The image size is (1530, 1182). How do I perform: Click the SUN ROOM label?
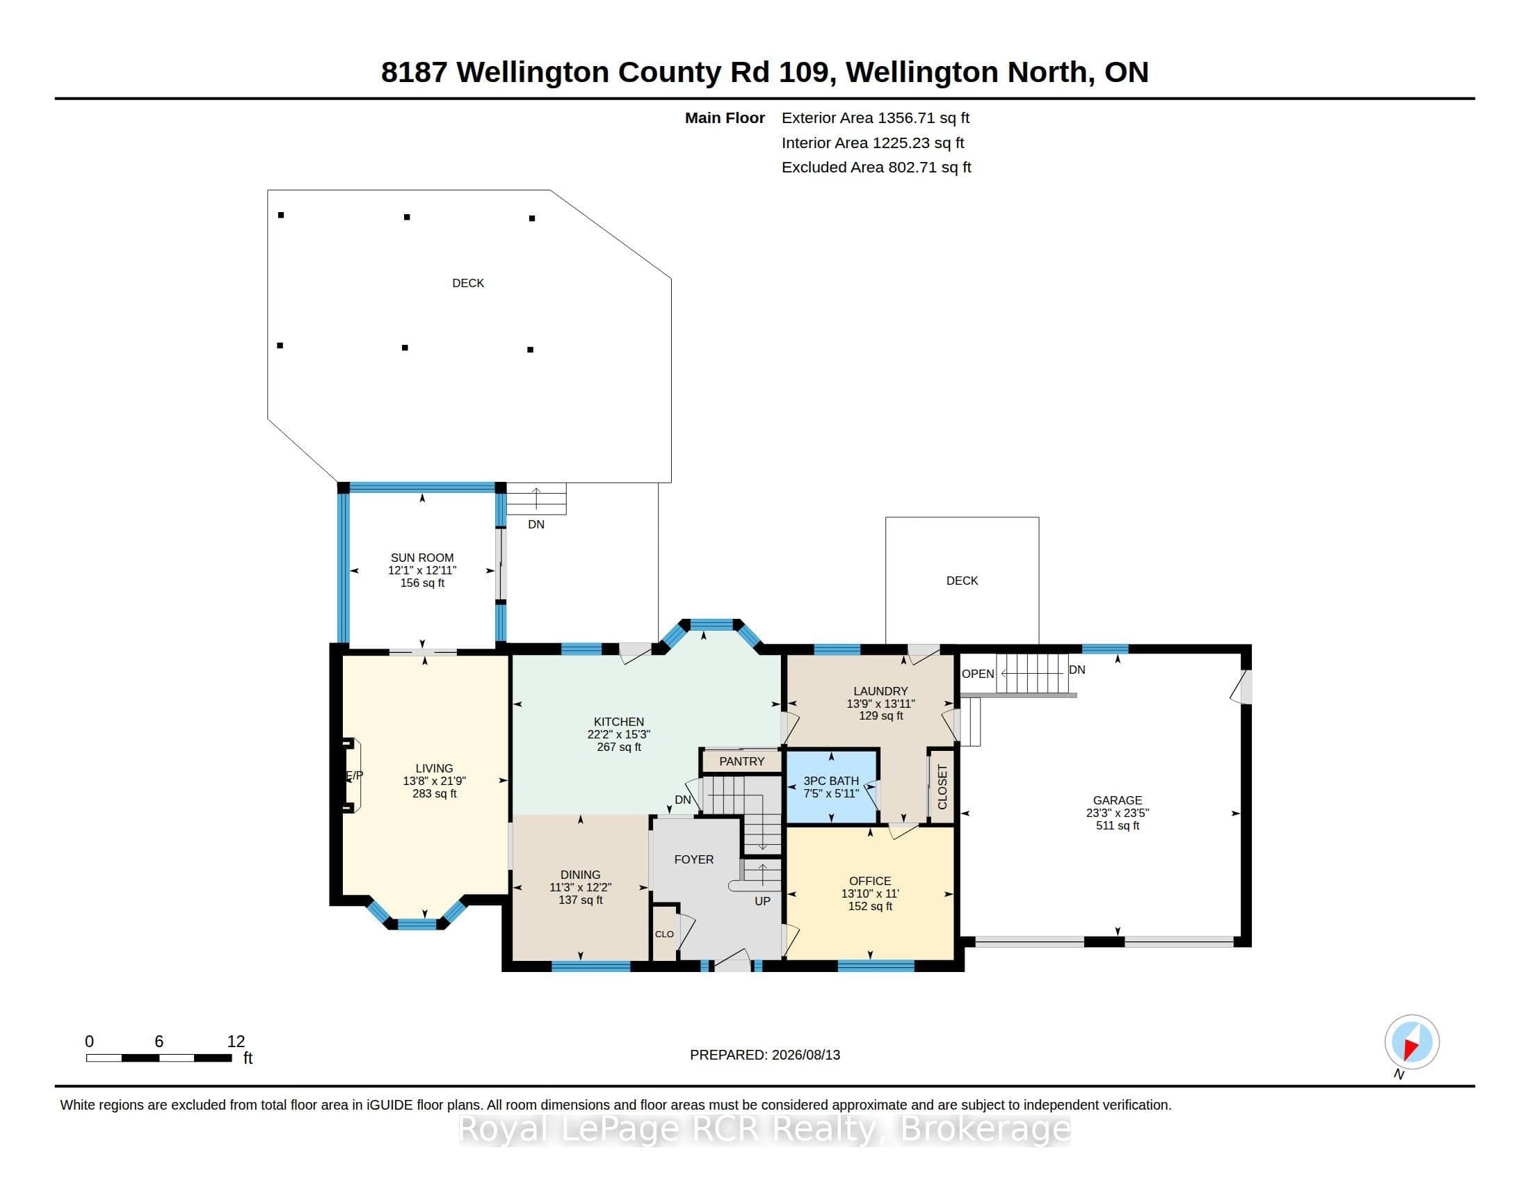(421, 558)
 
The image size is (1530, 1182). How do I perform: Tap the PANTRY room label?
(741, 761)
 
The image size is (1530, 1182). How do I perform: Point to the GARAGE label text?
(1118, 800)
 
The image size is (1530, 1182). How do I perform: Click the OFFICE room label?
(870, 881)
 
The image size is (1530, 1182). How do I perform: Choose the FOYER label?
(693, 859)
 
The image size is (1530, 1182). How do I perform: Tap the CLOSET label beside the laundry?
(942, 786)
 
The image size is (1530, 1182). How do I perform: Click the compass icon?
(1412, 1042)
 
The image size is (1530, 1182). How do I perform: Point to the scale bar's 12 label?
(236, 1042)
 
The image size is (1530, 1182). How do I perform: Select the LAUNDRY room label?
(880, 691)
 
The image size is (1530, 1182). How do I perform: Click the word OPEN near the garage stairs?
(978, 674)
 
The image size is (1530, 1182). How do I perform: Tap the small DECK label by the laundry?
(962, 581)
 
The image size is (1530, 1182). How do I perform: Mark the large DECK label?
(468, 283)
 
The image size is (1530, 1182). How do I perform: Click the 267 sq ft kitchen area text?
(618, 747)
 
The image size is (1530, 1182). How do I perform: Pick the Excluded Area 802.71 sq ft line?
(876, 168)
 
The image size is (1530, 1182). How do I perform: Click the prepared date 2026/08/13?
(805, 1055)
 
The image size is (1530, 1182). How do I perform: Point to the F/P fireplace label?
(355, 775)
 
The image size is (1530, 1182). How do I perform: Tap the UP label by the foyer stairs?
(762, 901)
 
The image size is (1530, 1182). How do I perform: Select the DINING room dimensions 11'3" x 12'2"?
(580, 887)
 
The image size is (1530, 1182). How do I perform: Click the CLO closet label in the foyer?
(664, 934)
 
